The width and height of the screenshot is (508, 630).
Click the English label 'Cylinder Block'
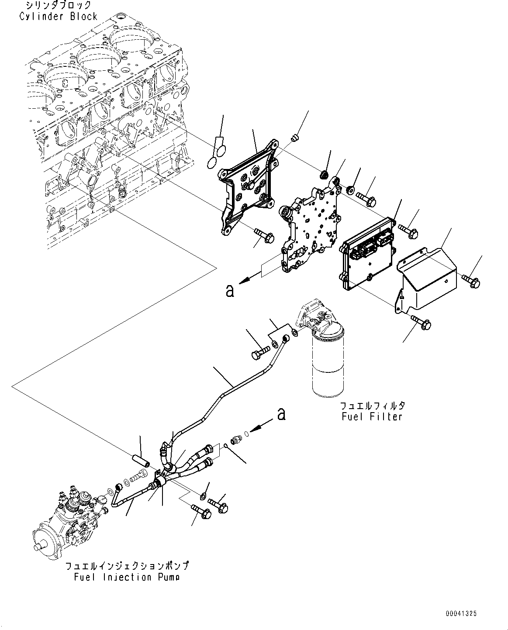(x=58, y=17)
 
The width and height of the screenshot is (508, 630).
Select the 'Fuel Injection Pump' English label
(x=126, y=577)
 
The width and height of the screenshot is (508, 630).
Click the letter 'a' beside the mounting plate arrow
(x=230, y=290)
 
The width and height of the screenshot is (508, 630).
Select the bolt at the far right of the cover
(x=471, y=282)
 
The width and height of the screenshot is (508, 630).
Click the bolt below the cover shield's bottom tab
(x=422, y=323)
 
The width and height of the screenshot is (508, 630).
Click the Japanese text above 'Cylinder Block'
(x=58, y=6)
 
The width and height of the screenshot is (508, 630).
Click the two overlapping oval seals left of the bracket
(x=215, y=155)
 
